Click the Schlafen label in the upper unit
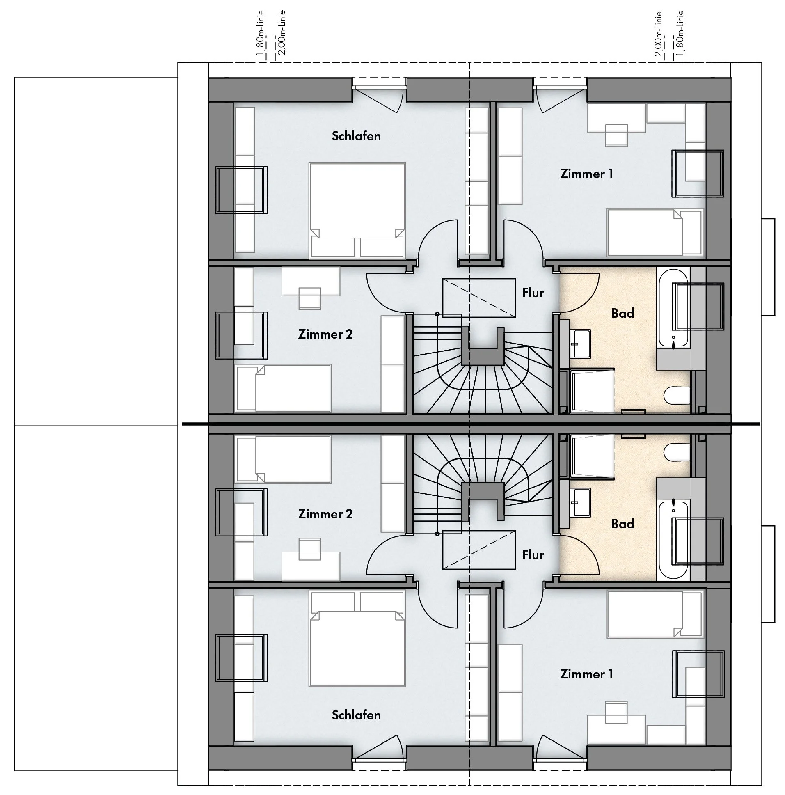(x=356, y=136)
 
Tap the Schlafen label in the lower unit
(x=356, y=715)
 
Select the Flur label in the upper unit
(x=533, y=293)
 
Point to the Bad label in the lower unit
(x=622, y=524)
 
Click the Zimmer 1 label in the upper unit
(x=586, y=174)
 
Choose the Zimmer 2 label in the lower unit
(x=325, y=514)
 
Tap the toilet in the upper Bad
(x=677, y=395)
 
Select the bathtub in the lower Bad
(x=673, y=539)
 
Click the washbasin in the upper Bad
(x=581, y=343)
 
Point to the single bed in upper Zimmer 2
(x=284, y=388)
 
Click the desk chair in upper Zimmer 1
(x=616, y=135)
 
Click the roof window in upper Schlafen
(x=241, y=190)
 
